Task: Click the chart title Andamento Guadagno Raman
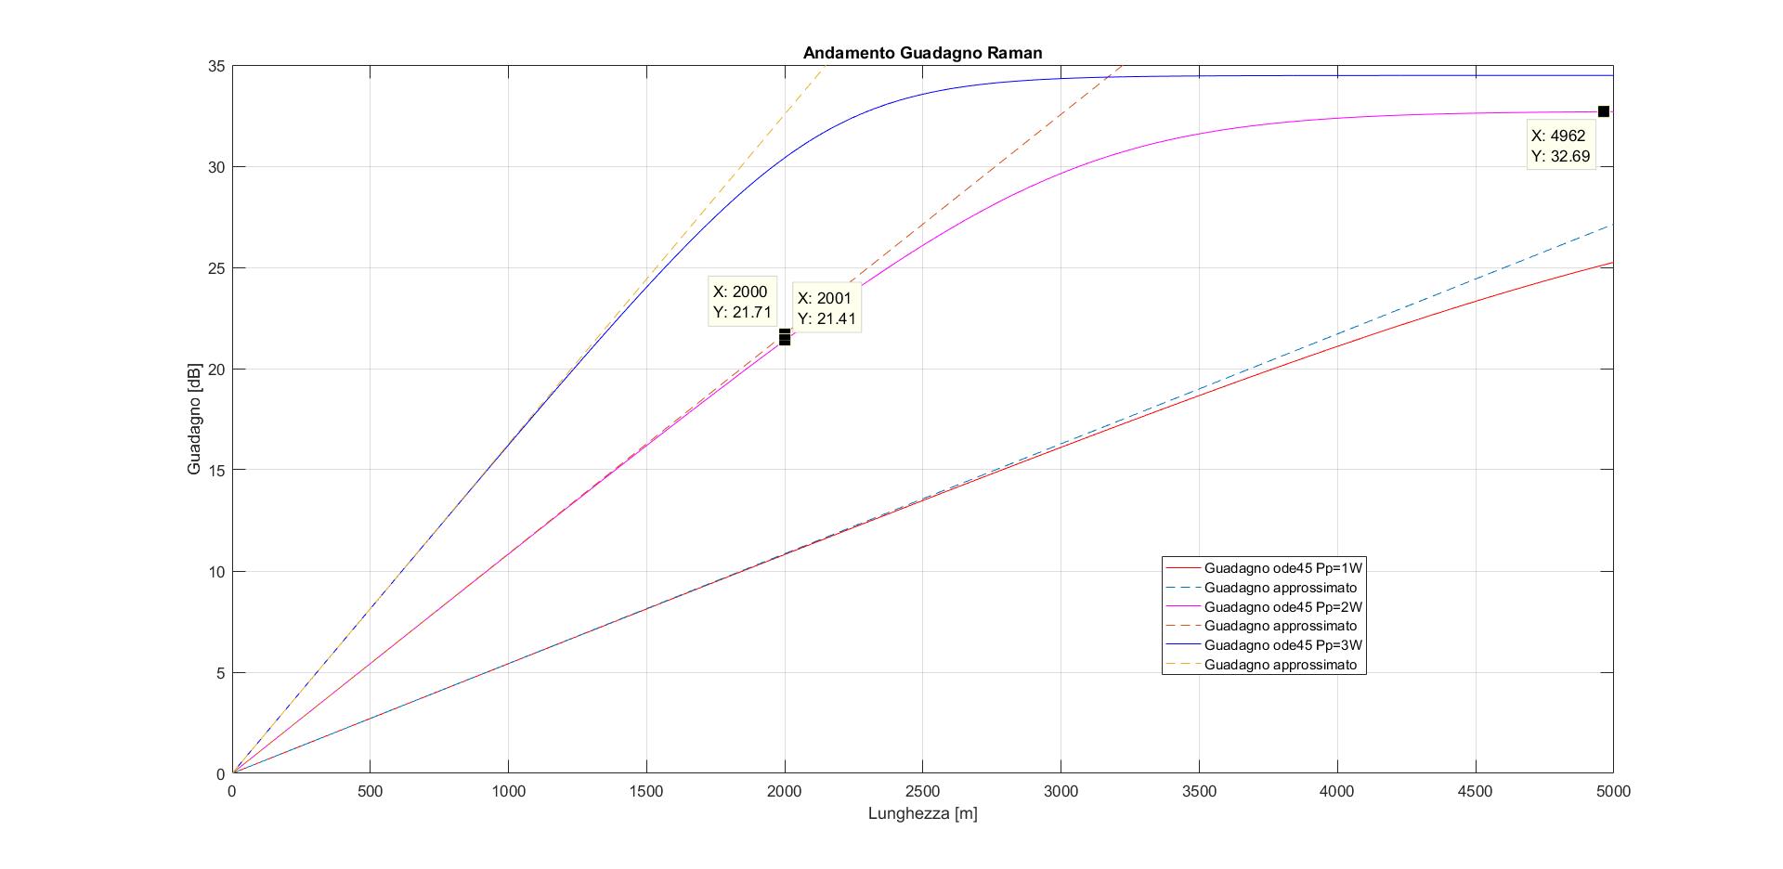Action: point(922,53)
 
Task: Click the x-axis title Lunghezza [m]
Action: point(922,814)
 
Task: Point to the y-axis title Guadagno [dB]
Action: point(194,420)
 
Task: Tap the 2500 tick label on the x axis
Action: point(922,792)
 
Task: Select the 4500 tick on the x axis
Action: point(1475,792)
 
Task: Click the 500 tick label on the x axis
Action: point(371,792)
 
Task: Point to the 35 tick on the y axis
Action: point(216,67)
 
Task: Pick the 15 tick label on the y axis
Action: point(216,471)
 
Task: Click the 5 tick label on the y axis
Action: point(220,673)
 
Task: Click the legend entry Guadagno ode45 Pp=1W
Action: point(1283,568)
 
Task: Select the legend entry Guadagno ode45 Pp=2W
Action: point(1283,607)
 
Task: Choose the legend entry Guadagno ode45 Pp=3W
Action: point(1283,645)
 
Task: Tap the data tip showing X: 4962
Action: point(1560,146)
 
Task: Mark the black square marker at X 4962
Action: point(1603,111)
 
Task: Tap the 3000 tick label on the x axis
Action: point(1061,792)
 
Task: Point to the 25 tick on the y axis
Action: point(216,268)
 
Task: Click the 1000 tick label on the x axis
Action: point(509,792)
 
